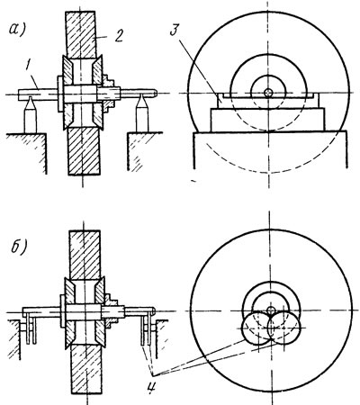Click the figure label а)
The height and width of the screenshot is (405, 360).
click(x=18, y=29)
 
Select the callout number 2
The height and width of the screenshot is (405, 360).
click(x=119, y=36)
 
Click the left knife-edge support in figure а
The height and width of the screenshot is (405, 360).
click(x=31, y=114)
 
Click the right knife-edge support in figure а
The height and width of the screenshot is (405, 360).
click(x=142, y=113)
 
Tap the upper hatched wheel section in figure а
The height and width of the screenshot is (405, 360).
click(x=81, y=35)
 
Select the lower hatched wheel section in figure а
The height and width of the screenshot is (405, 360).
click(x=84, y=151)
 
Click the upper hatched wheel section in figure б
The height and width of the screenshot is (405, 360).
click(x=85, y=255)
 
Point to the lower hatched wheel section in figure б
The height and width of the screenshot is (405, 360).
click(x=87, y=370)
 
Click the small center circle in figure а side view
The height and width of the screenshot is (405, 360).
click(x=268, y=93)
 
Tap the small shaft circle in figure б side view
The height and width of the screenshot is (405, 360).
click(x=271, y=310)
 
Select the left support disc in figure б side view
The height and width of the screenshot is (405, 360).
click(x=257, y=328)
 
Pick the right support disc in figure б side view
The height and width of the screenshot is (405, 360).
click(x=283, y=328)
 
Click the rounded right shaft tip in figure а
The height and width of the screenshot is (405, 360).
click(x=154, y=93)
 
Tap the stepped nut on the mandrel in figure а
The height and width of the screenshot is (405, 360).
click(x=109, y=93)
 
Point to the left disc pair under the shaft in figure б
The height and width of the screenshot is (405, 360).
click(x=31, y=328)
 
